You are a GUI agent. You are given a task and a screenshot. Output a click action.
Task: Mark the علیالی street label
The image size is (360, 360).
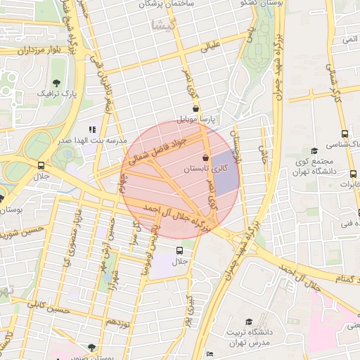click(211, 48)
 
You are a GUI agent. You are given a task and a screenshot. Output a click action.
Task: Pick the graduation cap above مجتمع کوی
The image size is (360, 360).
click(314, 150)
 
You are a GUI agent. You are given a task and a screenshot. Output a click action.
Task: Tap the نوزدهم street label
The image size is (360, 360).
click(117, 324)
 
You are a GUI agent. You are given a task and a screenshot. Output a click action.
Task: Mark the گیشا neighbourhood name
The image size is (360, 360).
click(160, 25)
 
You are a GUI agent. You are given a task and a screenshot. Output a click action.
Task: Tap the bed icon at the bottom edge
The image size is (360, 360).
click(209, 354)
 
